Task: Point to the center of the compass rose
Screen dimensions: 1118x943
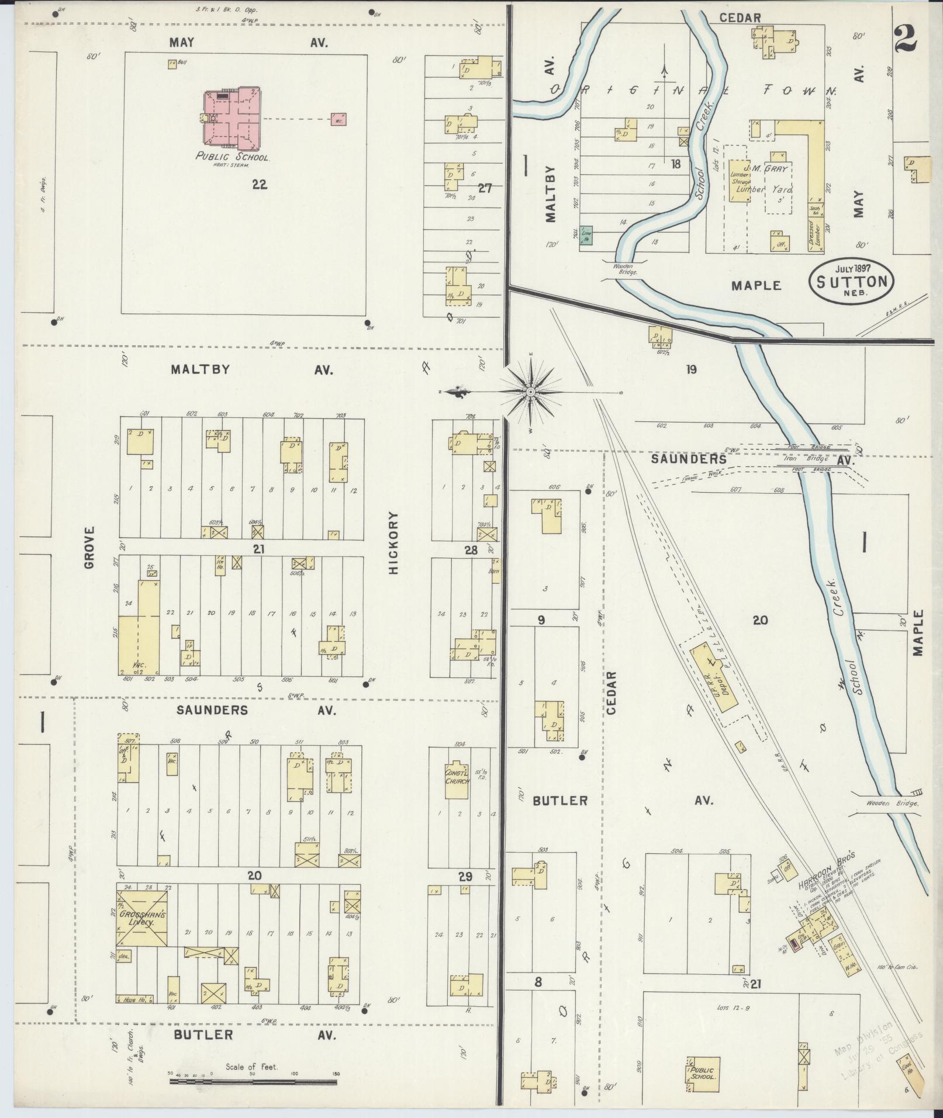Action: point(530,391)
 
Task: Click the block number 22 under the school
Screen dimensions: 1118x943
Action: point(260,185)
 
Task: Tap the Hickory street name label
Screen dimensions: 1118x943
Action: point(393,543)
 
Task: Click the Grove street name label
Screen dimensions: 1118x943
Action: point(89,548)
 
